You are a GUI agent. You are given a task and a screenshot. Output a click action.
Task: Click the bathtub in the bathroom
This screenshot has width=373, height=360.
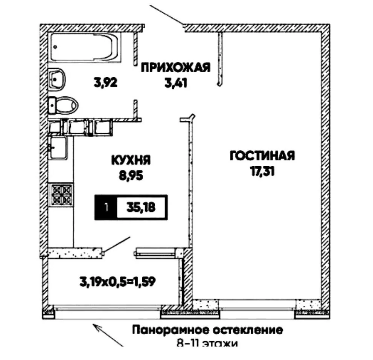tap(86, 47)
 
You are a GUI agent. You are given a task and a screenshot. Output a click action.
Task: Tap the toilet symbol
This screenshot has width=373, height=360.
tap(64, 104)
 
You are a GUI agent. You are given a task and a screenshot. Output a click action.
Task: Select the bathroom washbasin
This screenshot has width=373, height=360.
tap(58, 79)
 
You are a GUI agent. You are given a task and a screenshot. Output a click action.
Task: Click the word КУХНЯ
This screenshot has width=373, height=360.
tap(131, 161)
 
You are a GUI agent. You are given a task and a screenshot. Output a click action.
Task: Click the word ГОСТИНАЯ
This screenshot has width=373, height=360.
tap(262, 156)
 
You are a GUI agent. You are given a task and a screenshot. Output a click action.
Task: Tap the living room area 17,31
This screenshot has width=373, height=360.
tap(262, 172)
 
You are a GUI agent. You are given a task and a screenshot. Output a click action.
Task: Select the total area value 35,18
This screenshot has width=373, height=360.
tap(142, 207)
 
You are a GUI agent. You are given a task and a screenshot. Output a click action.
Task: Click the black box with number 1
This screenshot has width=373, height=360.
tap(106, 207)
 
